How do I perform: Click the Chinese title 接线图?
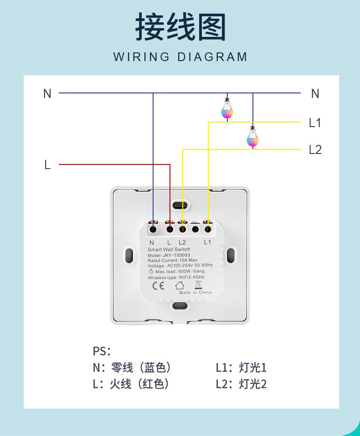[180, 27]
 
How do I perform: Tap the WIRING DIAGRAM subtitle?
[180, 57]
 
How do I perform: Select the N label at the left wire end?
[47, 93]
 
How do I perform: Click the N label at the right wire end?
[315, 93]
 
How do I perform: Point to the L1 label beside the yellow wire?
[315, 123]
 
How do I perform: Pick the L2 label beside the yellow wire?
[315, 149]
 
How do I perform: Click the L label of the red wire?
[47, 164]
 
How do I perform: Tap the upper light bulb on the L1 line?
[227, 109]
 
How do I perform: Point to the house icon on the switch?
[180, 285]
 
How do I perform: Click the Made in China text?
[195, 292]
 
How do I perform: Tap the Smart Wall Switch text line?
[169, 250]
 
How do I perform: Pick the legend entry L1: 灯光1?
[241, 368]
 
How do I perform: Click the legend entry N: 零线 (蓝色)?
[132, 368]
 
